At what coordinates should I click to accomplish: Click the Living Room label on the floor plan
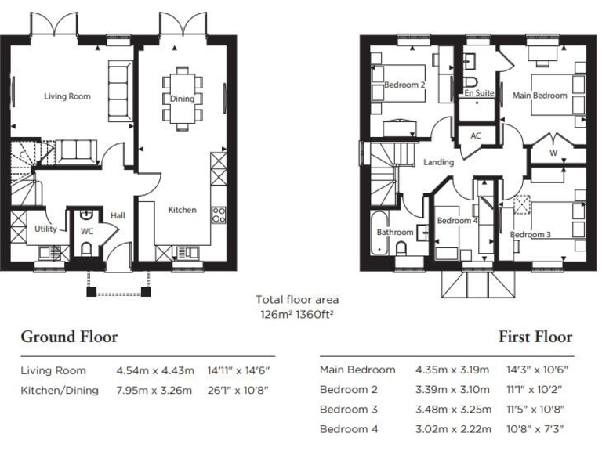click(67, 96)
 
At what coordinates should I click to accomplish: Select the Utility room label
click(45, 229)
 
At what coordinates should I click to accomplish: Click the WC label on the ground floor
click(87, 232)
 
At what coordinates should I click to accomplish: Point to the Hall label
click(118, 215)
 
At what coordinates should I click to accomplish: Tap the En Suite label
click(479, 93)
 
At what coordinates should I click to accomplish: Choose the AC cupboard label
click(475, 135)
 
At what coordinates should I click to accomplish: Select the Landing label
click(438, 162)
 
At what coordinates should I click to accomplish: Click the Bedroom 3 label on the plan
click(531, 234)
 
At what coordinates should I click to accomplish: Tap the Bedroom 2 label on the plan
click(404, 85)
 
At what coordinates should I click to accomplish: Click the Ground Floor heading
click(69, 337)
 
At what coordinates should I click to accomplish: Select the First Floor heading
click(535, 337)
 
